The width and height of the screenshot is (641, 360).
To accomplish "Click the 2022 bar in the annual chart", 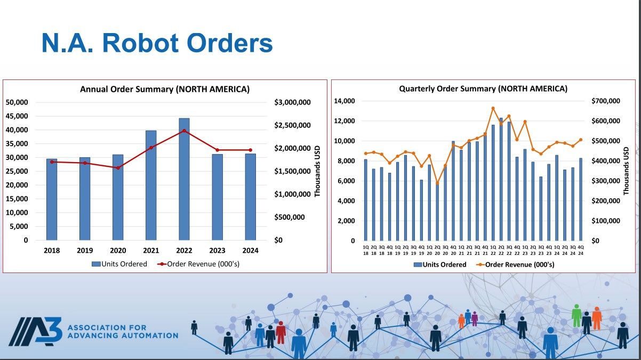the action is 184,179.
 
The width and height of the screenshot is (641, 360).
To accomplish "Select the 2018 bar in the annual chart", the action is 52,199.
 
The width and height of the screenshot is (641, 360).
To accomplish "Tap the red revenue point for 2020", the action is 118,168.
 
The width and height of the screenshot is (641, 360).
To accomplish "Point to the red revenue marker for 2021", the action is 151,148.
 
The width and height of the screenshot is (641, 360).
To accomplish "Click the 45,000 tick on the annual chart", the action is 17,116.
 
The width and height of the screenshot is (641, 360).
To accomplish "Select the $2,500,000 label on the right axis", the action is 292,125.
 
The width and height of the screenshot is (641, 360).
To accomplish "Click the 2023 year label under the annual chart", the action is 217,251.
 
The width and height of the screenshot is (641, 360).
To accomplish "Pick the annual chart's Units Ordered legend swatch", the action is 96,264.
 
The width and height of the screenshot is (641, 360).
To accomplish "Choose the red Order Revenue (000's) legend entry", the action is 198,264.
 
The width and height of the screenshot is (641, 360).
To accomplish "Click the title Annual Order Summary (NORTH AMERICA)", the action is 165,89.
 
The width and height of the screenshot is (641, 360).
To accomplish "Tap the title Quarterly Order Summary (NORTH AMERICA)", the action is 483,89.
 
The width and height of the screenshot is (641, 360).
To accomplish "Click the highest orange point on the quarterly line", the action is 493,108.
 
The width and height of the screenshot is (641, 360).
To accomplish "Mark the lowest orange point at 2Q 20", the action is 437,183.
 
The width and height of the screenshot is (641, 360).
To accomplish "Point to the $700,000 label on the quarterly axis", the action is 606,101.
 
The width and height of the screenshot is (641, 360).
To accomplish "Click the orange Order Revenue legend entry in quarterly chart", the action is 515,265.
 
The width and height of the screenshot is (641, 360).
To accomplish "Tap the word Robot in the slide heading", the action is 140,44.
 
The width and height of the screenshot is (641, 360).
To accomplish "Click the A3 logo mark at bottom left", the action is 36,332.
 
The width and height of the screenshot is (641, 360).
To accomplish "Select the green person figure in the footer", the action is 576,316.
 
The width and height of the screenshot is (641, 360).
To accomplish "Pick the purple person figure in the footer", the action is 475,319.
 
